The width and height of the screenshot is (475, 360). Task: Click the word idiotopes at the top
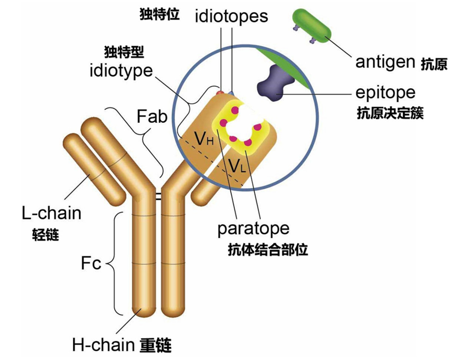pyautogui.click(x=231, y=16)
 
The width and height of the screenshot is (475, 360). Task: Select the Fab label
pyautogui.click(x=152, y=116)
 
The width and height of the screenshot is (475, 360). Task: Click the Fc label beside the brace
pyautogui.click(x=91, y=263)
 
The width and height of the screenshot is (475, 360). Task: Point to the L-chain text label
pyautogui.click(x=52, y=213)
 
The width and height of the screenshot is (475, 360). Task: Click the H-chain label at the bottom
pyautogui.click(x=103, y=345)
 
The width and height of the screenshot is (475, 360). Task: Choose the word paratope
pyautogui.click(x=253, y=229)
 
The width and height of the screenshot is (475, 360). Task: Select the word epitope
pyautogui.click(x=385, y=93)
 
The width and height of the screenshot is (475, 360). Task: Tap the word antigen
pyautogui.click(x=385, y=63)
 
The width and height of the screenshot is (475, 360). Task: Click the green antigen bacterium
pyautogui.click(x=312, y=26)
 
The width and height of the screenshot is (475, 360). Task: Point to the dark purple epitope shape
pyautogui.click(x=275, y=82)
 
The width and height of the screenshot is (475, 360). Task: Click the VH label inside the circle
pyautogui.click(x=204, y=139)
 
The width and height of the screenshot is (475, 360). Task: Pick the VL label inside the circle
pyautogui.click(x=237, y=165)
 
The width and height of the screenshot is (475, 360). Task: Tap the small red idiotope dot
pyautogui.click(x=221, y=92)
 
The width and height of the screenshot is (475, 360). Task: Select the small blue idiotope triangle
pyautogui.click(x=232, y=92)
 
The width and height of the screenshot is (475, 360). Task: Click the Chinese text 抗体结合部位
pyautogui.click(x=268, y=250)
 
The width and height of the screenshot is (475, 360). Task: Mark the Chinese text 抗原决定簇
pyautogui.click(x=390, y=113)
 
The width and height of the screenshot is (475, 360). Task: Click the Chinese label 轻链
pyautogui.click(x=46, y=234)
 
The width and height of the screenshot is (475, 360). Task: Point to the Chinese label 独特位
pyautogui.click(x=160, y=14)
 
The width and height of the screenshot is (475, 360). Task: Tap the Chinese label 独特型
pyautogui.click(x=124, y=52)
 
